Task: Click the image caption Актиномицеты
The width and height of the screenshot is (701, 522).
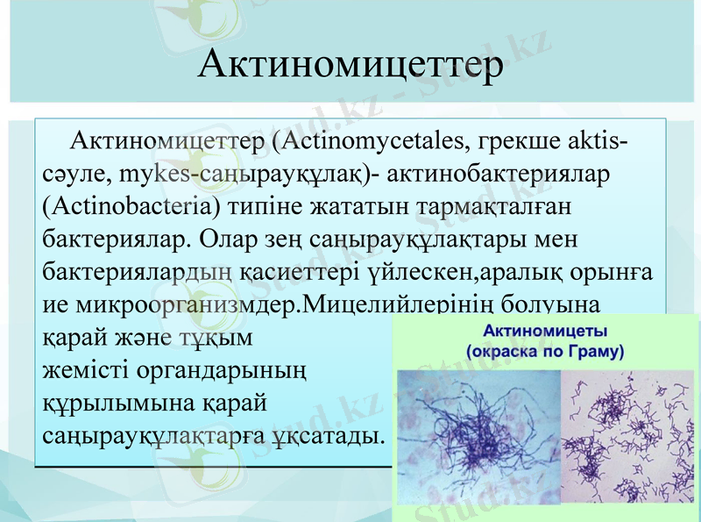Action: tap(547, 332)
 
